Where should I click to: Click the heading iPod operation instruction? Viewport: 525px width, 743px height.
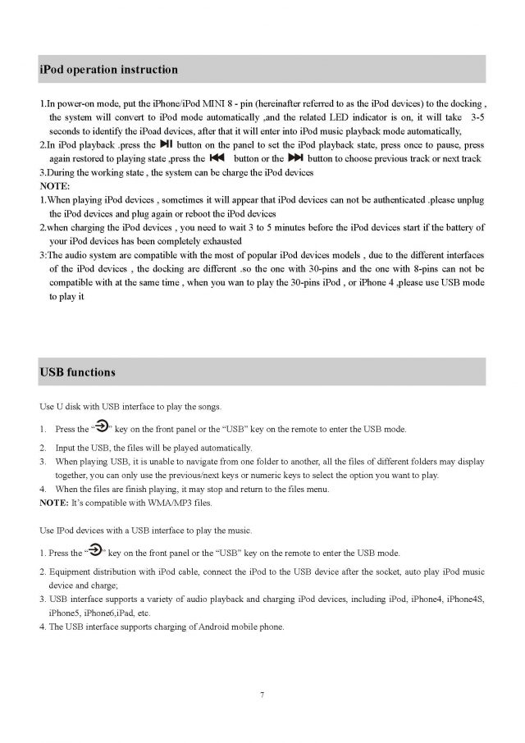coord(108,70)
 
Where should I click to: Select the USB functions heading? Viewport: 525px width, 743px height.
coord(78,372)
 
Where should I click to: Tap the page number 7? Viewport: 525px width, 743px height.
coord(262,695)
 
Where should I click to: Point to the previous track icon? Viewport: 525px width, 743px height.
coord(217,157)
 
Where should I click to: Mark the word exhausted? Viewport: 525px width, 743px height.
coord(221,241)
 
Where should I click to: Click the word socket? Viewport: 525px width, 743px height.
coord(348,571)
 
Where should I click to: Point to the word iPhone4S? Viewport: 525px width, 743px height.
coord(465,599)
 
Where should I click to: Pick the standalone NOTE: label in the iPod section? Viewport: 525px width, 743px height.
coord(54,186)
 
